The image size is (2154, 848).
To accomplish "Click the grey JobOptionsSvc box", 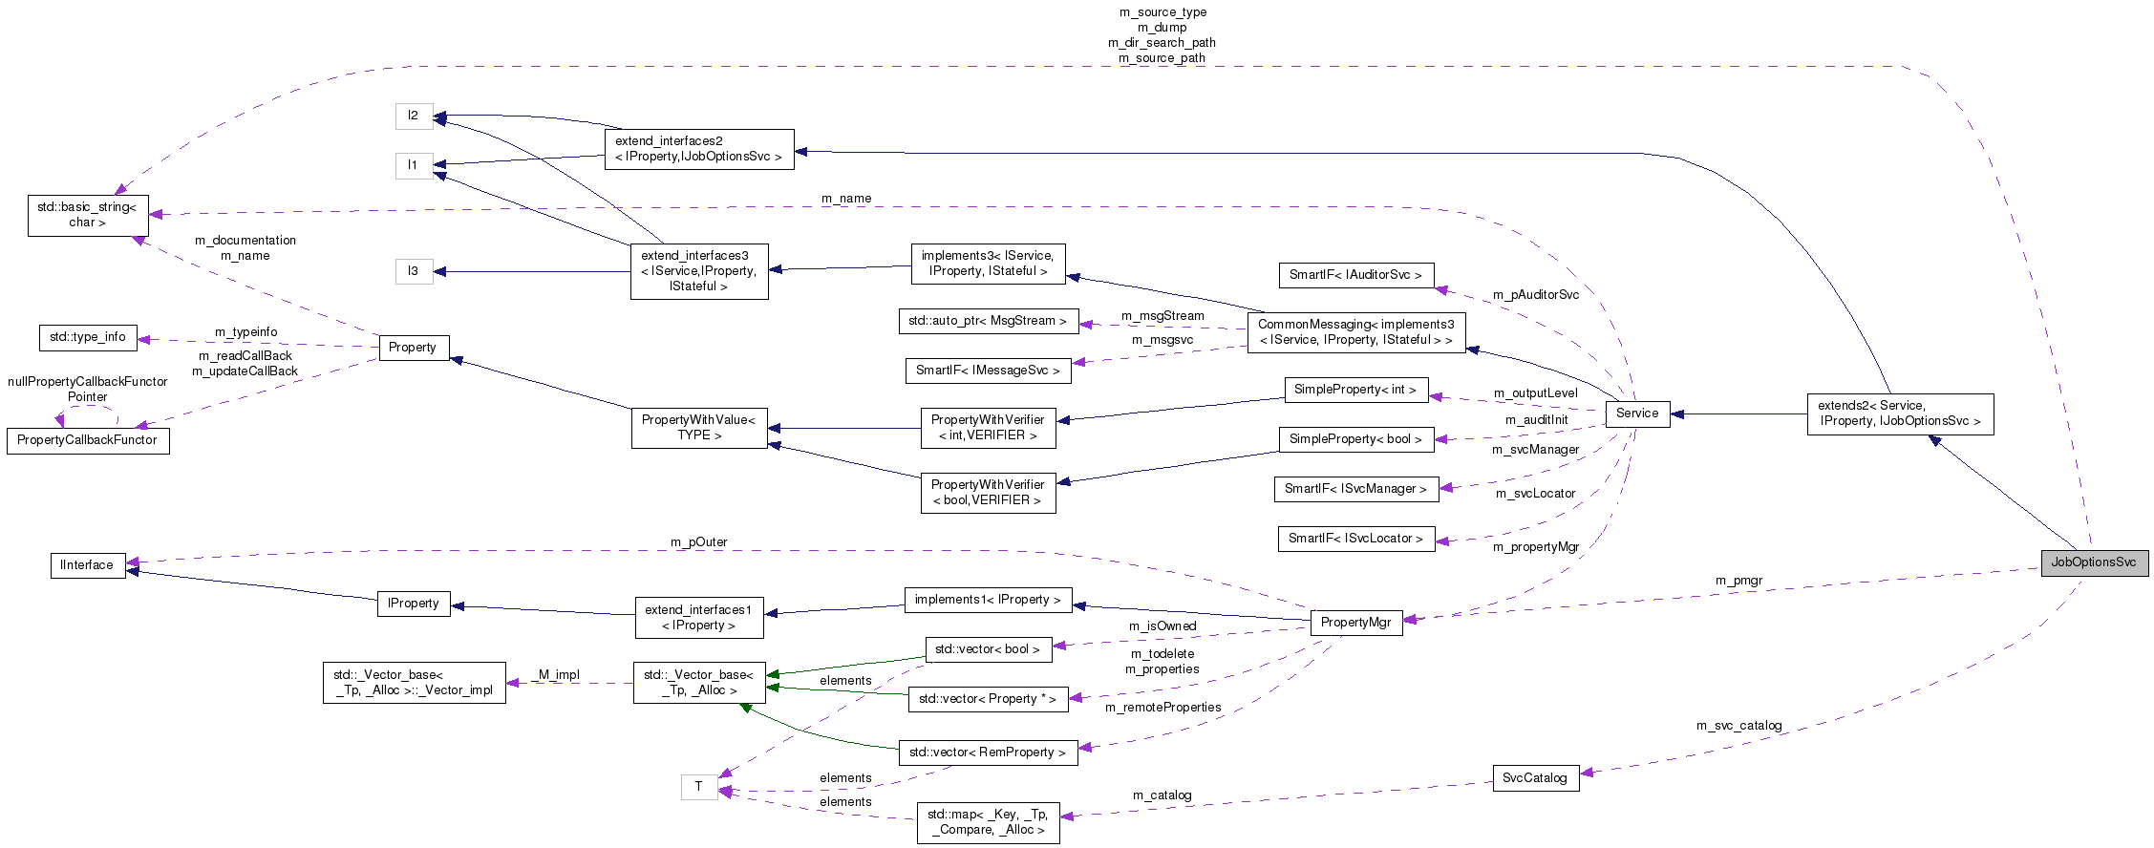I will [x=2094, y=562].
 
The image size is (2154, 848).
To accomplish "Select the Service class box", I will [x=1637, y=413].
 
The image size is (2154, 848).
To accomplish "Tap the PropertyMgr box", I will [x=1355, y=623].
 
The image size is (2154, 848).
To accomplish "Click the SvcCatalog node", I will [x=1534, y=778].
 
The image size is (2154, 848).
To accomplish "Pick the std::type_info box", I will [x=88, y=337].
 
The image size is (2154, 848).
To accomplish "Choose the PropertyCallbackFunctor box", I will [x=87, y=440].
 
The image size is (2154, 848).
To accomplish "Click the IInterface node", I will [x=87, y=565].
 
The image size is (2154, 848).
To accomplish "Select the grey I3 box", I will [x=413, y=271].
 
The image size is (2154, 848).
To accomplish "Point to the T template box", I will [x=698, y=787].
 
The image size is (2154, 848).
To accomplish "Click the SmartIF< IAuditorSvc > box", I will [x=1355, y=275].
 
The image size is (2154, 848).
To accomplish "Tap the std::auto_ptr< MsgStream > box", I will [x=988, y=321].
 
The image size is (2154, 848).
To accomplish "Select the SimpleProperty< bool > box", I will [x=1355, y=439].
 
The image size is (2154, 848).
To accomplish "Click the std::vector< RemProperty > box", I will [x=988, y=753].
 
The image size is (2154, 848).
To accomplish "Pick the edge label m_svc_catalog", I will [x=1738, y=726].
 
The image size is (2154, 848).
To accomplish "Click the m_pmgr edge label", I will [x=1738, y=581].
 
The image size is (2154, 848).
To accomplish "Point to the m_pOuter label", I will [x=698, y=542].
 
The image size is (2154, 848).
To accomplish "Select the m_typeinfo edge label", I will [x=245, y=332].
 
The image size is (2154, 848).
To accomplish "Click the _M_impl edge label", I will [x=558, y=675].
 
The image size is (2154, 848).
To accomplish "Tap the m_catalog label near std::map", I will [x=1162, y=795].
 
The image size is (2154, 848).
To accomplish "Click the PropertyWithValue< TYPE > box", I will [x=698, y=428].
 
